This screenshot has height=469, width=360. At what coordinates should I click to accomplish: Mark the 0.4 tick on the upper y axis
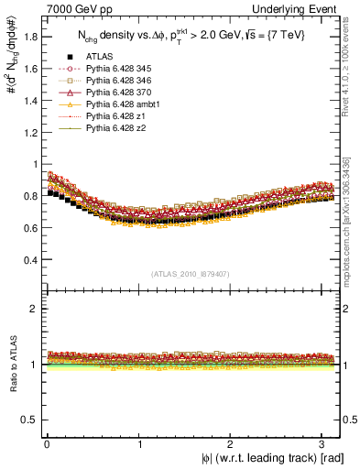(x=27, y=259)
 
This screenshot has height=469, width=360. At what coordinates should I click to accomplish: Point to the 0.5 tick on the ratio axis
(x=27, y=420)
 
